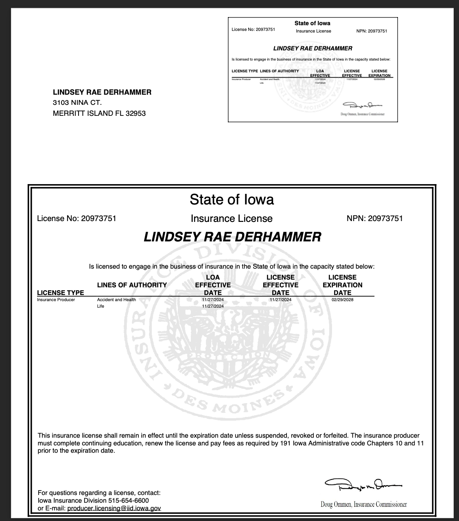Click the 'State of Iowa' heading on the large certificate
(232, 200)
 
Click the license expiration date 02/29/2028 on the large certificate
(342, 300)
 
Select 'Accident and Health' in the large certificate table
(116, 300)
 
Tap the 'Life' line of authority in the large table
(101, 306)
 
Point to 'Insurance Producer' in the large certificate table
(56, 300)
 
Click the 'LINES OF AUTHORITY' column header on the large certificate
(132, 285)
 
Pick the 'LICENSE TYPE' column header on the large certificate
(60, 293)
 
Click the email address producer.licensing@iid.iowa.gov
(114, 508)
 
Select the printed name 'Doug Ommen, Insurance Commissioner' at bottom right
(363, 504)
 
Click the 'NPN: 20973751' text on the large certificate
(374, 219)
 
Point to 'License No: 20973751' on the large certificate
(76, 219)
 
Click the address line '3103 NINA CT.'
(77, 102)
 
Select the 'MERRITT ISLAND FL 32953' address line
(99, 113)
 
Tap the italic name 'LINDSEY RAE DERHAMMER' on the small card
(313, 48)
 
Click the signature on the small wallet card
(362, 105)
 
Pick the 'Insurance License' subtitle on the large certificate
(232, 219)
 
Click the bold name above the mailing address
(102, 92)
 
